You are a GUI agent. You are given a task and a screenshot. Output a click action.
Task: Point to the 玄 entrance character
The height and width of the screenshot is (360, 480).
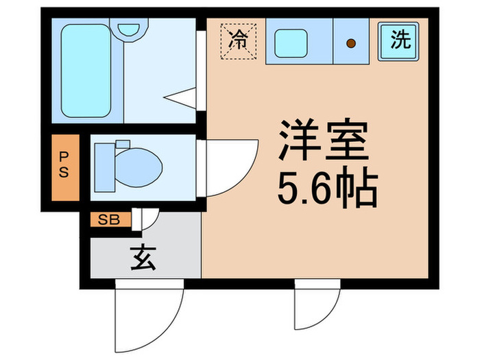141,259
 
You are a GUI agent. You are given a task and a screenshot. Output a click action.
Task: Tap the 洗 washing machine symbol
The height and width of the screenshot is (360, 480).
400,40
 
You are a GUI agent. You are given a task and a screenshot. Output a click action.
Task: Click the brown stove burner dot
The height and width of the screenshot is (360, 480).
350,45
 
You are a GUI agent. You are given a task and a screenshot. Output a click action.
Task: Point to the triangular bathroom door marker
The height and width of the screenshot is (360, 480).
183,98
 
